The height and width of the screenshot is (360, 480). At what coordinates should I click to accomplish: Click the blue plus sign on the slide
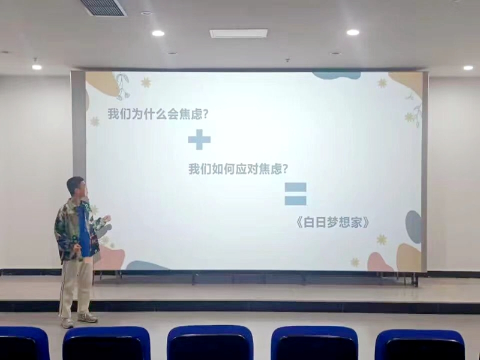tap(199, 140)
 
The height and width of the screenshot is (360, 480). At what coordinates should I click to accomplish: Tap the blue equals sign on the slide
tap(295, 194)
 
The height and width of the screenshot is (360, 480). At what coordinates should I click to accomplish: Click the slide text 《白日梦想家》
tap(332, 222)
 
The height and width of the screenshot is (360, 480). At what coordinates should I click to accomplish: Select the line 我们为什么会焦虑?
tap(158, 114)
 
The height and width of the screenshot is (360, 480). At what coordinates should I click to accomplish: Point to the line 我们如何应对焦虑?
tap(238, 169)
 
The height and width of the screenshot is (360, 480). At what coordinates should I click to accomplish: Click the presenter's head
tap(77, 187)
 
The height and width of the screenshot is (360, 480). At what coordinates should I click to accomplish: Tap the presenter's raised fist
tap(107, 218)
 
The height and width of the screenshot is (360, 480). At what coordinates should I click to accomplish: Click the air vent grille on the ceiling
tap(103, 7)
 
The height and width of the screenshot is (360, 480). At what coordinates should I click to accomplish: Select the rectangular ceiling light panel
tap(238, 33)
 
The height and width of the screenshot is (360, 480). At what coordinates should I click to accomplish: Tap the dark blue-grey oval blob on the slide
tap(413, 227)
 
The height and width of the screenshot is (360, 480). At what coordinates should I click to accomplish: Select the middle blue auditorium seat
tap(210, 343)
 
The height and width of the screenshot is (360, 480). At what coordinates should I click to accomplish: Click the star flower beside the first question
tap(95, 122)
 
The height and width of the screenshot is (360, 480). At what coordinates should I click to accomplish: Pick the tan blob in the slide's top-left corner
tap(101, 83)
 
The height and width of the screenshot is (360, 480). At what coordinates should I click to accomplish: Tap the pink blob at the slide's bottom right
tap(380, 262)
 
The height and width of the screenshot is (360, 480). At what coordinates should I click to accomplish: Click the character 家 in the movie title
tap(356, 223)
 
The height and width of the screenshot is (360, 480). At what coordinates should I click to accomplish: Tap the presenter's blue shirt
tap(83, 230)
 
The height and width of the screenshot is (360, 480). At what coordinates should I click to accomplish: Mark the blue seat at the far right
tap(420, 344)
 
